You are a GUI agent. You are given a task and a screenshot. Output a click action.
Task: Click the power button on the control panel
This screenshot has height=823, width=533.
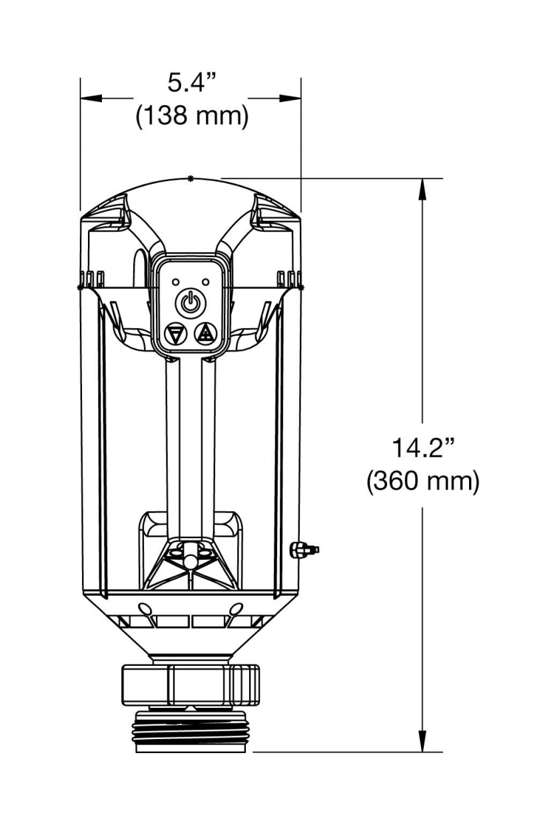coord(191,304)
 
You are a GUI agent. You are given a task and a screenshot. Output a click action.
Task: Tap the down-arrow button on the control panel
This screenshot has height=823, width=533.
coord(175,334)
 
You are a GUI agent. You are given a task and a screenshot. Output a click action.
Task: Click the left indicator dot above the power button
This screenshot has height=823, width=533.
coord(176,282)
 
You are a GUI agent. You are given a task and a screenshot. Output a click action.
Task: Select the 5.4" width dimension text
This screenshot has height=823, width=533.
coord(192,84)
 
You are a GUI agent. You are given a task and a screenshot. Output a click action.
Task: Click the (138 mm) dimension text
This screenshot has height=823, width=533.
coord(192,117)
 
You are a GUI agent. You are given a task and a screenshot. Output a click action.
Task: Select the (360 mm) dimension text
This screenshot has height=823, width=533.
coord(422,481)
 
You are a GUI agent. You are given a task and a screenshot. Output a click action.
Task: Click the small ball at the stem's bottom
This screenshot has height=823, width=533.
coord(191,561)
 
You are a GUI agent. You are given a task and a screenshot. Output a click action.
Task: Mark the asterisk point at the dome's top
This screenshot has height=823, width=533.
coord(191,178)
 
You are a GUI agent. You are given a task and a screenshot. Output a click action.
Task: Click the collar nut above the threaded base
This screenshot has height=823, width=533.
coord(191,684)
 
